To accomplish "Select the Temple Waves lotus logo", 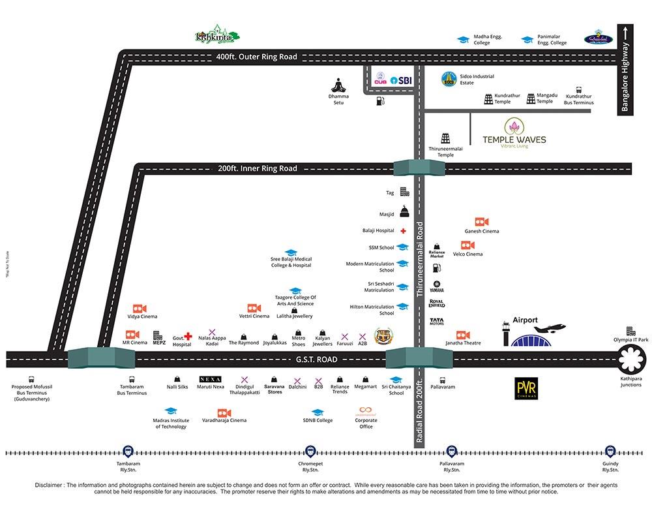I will pos(514,126).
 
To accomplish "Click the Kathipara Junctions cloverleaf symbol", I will pos(632,359).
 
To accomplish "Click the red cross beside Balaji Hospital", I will pos(404,231).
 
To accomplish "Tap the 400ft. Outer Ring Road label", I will pos(257,57).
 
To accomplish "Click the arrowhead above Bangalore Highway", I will pos(625,31).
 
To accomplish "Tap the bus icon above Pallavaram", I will pos(443,380).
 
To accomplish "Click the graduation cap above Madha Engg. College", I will pos(463,40).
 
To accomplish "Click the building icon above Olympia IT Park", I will pos(630,331).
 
